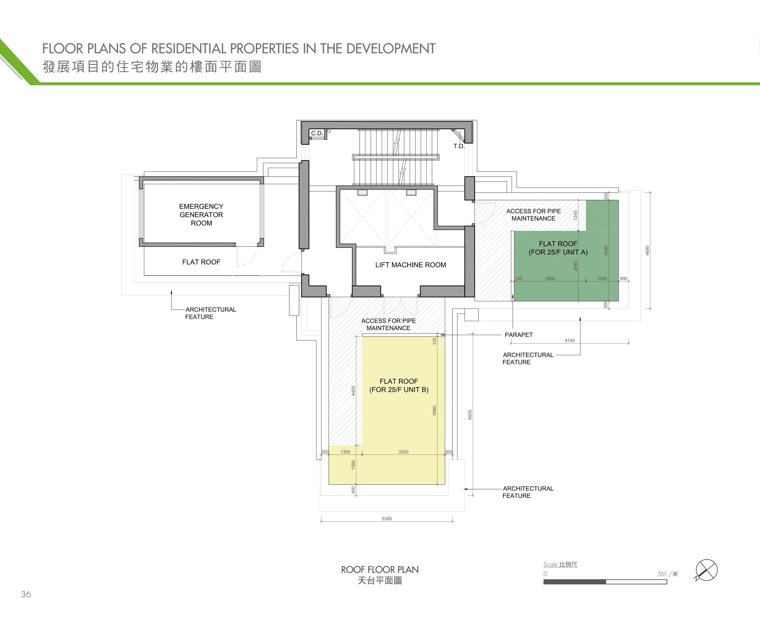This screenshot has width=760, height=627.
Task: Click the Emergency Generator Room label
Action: [x=201, y=214]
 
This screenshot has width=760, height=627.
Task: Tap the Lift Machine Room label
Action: [x=411, y=265]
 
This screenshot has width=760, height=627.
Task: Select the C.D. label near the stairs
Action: [x=317, y=133]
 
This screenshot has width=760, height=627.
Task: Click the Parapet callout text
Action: [x=519, y=335]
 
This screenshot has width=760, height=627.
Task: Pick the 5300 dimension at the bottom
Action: [x=387, y=519]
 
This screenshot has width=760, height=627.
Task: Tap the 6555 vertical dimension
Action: [x=470, y=414]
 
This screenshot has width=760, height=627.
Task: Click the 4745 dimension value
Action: [x=570, y=341]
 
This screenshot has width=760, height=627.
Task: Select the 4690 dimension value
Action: [x=647, y=251]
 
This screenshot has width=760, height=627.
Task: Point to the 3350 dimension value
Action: [x=403, y=452]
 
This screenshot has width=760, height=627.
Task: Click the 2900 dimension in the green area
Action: [x=550, y=279]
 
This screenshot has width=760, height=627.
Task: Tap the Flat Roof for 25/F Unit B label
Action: [x=399, y=385]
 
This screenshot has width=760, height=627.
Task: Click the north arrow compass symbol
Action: [x=706, y=570]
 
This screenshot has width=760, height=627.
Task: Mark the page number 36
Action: [x=26, y=594]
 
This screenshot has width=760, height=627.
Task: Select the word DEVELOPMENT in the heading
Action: [x=391, y=49]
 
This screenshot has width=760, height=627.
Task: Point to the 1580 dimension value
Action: [x=353, y=465]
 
